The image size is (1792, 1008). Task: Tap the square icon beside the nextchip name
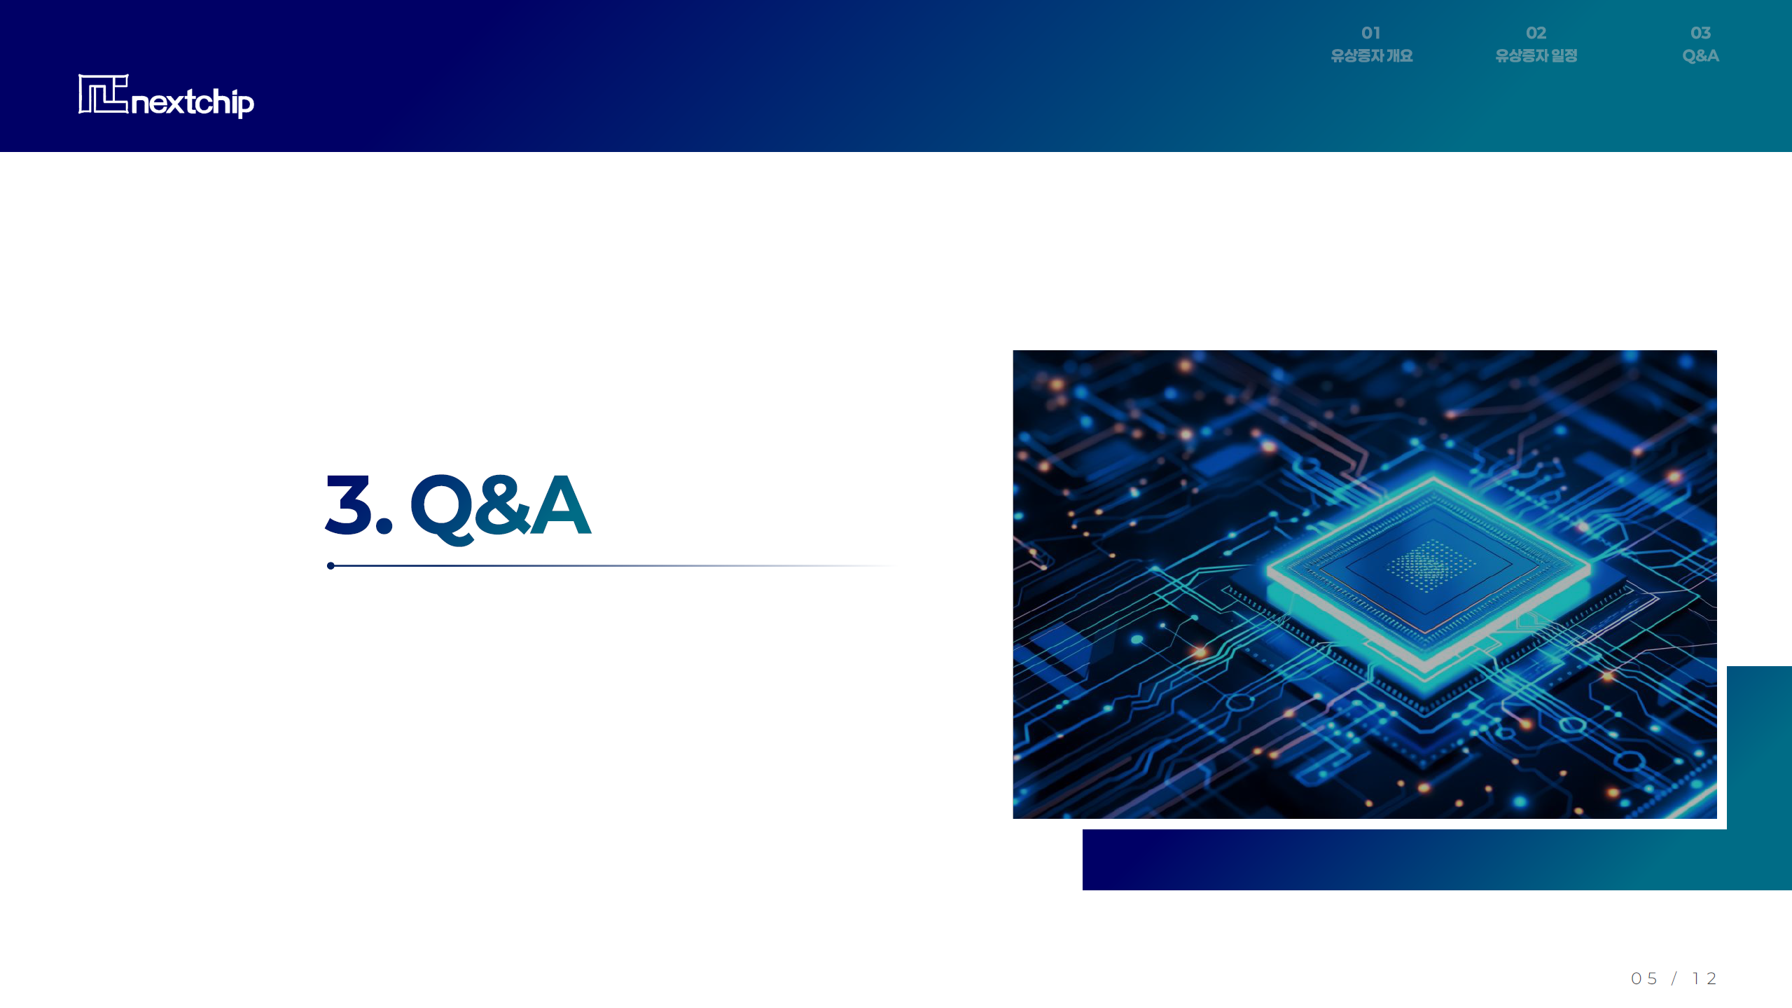click(104, 94)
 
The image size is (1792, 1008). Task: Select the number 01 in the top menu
click(1370, 33)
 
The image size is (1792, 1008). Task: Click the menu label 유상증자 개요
click(1371, 56)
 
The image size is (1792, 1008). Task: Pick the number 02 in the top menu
click(1536, 33)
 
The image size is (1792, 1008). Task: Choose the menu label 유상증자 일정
click(1536, 56)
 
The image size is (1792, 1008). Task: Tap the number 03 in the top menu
click(1700, 33)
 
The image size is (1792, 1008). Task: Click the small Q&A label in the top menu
click(1700, 56)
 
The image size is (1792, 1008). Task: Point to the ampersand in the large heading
click(501, 504)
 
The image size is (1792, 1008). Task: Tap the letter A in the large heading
click(560, 504)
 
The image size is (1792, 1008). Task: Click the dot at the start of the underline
click(331, 566)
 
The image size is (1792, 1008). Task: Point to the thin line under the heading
click(613, 566)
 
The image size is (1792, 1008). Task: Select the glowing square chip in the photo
click(1429, 571)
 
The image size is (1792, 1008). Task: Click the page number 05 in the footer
click(1644, 979)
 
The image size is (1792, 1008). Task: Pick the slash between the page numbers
click(1674, 979)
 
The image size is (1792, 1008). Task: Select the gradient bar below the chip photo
click(1437, 860)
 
